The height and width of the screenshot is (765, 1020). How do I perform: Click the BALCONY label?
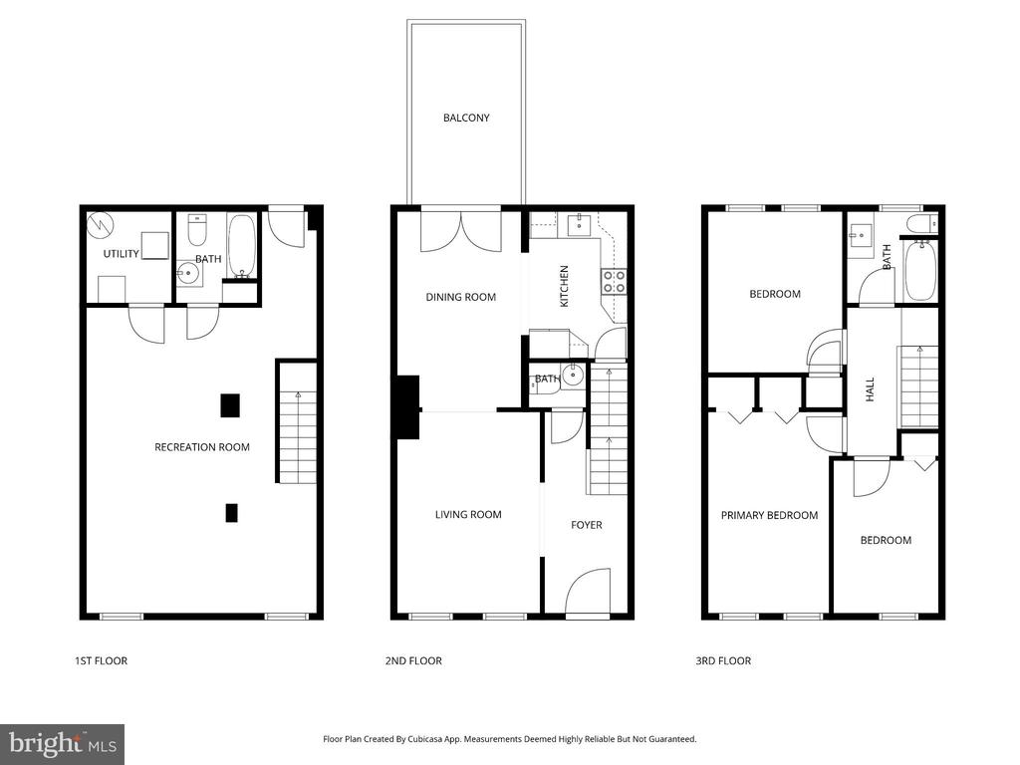(466, 118)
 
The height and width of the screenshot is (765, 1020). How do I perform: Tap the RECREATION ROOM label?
(202, 447)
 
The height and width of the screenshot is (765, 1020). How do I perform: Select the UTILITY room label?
(121, 254)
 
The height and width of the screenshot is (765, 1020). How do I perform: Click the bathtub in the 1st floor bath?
(242, 245)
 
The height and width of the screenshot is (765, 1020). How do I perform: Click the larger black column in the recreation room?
(230, 405)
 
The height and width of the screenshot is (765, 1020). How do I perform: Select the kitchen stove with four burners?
(614, 282)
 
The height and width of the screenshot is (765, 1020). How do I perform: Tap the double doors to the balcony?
(460, 230)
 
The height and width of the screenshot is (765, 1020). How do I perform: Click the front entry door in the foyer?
(587, 594)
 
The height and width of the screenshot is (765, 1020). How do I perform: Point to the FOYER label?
(586, 525)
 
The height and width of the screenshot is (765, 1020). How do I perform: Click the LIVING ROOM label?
(468, 515)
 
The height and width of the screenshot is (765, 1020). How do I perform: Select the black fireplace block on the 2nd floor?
(406, 406)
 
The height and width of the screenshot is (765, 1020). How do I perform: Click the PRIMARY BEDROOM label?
(769, 515)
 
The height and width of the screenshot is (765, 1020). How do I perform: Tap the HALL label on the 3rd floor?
(870, 388)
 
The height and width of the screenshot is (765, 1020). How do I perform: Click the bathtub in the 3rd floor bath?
(920, 271)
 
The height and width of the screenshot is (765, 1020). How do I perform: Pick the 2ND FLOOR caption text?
(413, 660)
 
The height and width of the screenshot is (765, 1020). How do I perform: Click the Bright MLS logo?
(62, 743)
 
